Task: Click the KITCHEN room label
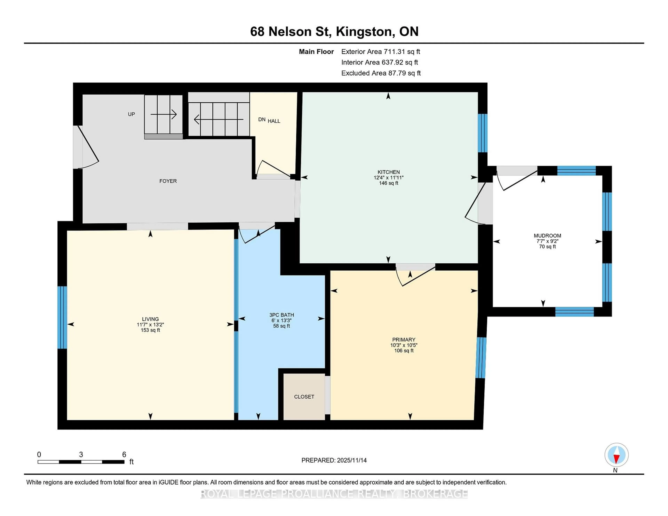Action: pyautogui.click(x=388, y=172)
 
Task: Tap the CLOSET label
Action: pyautogui.click(x=304, y=397)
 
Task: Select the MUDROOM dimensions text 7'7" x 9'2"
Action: pyautogui.click(x=547, y=241)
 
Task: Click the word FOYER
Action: pyautogui.click(x=168, y=181)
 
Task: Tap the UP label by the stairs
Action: pyautogui.click(x=131, y=114)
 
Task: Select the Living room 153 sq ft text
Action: pyautogui.click(x=150, y=330)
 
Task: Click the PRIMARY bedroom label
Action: pyautogui.click(x=404, y=340)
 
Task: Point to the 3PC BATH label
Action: pyautogui.click(x=281, y=315)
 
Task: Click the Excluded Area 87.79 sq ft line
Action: pyautogui.click(x=381, y=73)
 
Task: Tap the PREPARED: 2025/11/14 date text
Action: pyautogui.click(x=334, y=460)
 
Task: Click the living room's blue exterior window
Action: pyautogui.click(x=62, y=317)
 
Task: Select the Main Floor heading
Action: pyautogui.click(x=316, y=52)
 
